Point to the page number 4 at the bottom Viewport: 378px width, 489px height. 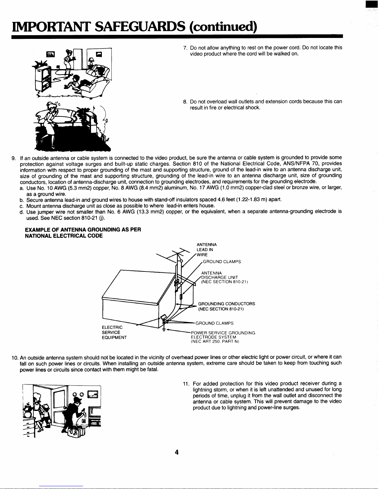tap(177, 452)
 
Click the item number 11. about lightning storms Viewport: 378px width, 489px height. tap(186, 384)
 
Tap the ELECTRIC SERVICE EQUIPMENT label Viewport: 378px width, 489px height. tap(114, 332)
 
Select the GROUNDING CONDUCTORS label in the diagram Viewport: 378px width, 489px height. tap(226, 306)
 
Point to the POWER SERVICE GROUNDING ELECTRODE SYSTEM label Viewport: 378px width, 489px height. tap(223, 337)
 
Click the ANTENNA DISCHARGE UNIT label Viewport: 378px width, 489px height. tap(224, 277)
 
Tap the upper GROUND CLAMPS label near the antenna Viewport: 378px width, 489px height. tap(222, 262)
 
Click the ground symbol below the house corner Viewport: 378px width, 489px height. tap(164, 330)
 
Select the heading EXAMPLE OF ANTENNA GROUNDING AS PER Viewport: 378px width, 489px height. tap(83, 230)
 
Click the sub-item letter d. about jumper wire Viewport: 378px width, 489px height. tap(22, 212)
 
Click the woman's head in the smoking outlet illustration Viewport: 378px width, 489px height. tap(51, 106)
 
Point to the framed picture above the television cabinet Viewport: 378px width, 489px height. tap(50, 54)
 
